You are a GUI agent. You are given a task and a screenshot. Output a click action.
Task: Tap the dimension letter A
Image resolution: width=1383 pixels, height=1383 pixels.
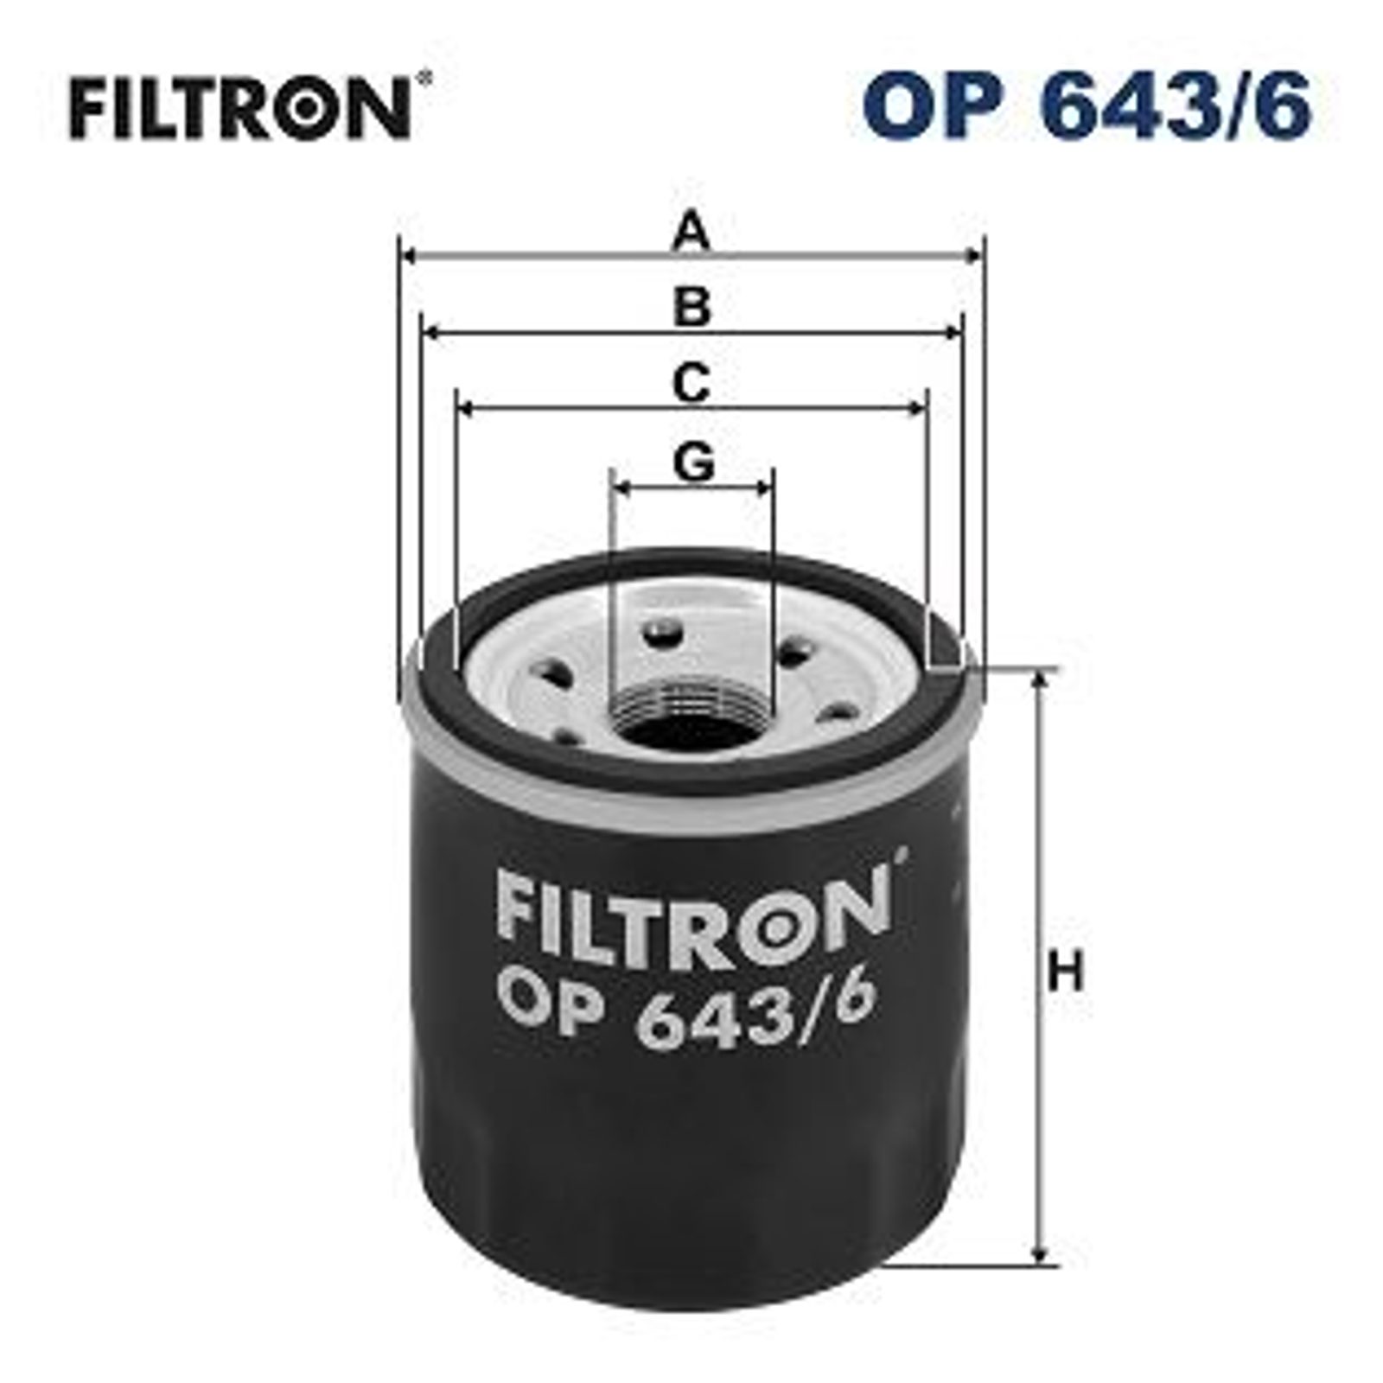(691, 233)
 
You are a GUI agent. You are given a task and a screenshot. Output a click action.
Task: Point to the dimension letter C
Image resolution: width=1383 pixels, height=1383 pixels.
(691, 384)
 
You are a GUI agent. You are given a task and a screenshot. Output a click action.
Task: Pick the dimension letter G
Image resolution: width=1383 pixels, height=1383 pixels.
(693, 462)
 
